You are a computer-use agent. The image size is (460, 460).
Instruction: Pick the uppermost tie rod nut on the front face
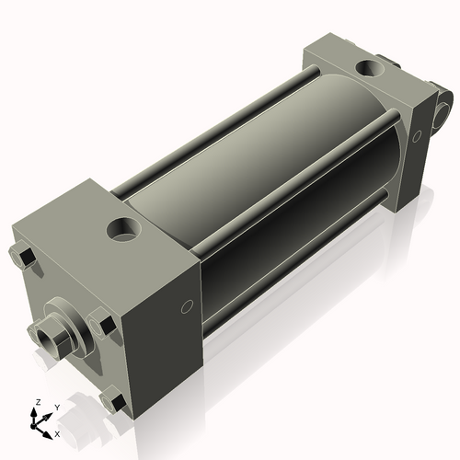click(x=24, y=255)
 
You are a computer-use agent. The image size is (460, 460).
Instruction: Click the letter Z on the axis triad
click(x=36, y=403)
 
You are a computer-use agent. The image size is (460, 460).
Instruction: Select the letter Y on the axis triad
click(x=56, y=407)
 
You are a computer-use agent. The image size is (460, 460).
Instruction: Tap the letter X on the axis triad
click(x=58, y=432)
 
